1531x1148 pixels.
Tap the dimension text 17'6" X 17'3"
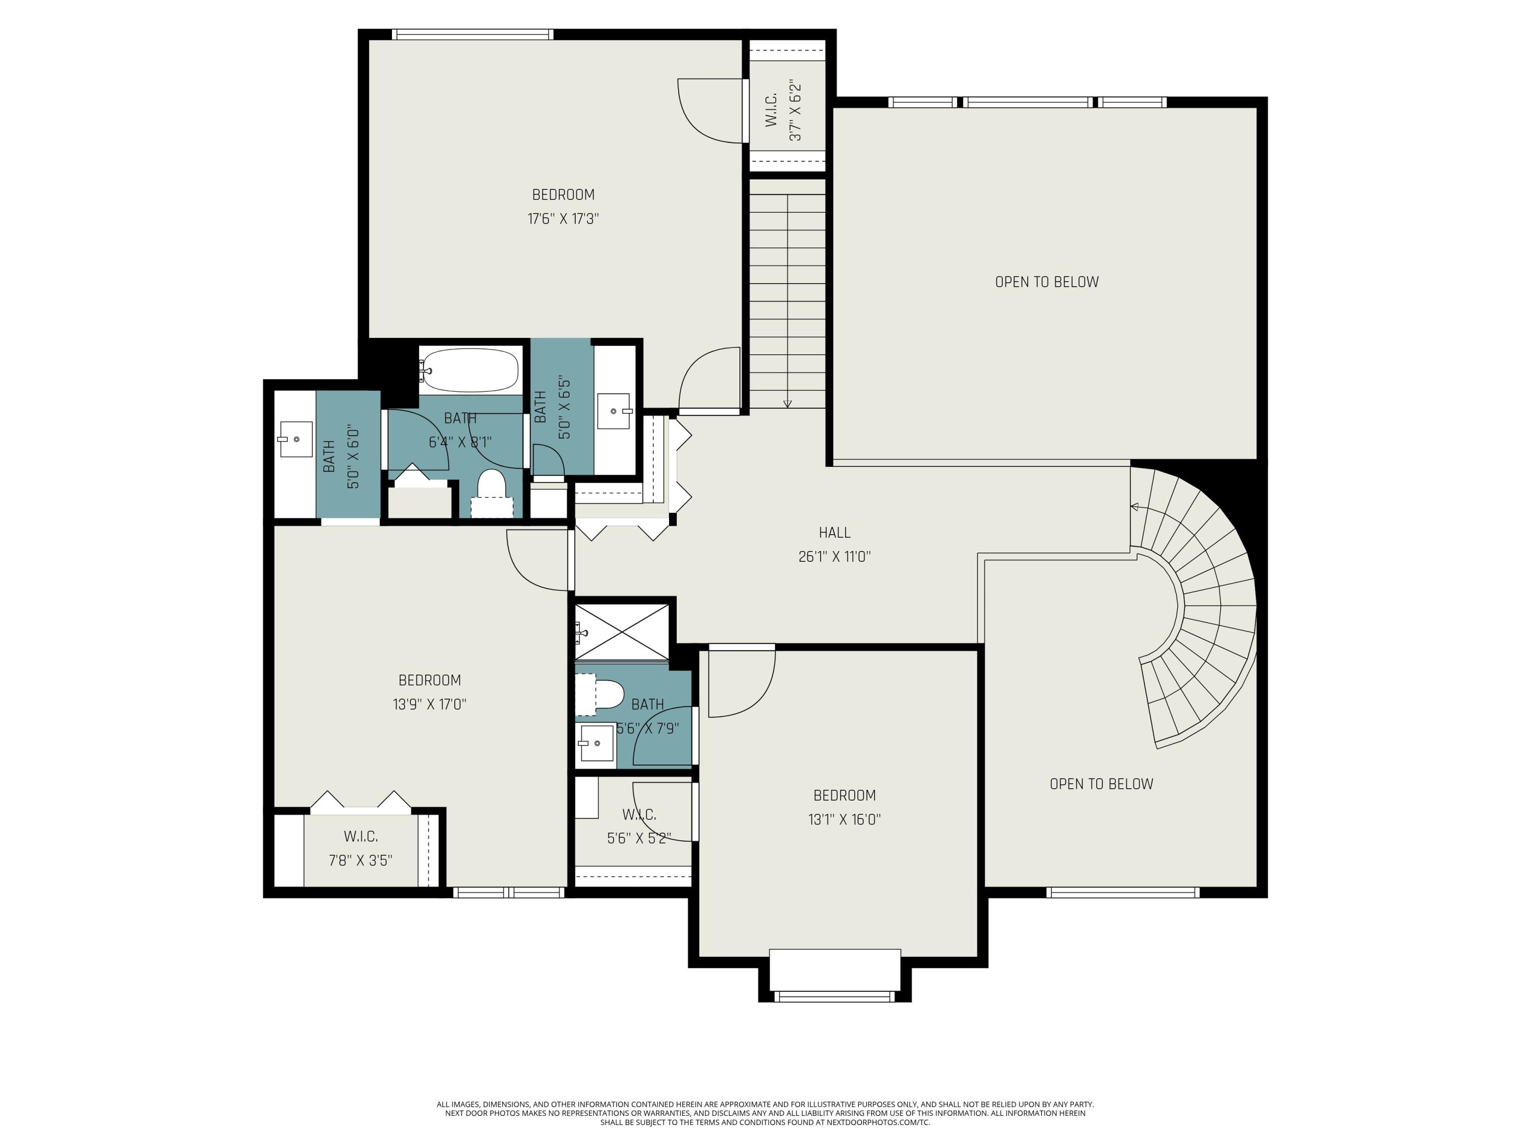[563, 219]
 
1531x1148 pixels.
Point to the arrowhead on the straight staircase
[787, 404]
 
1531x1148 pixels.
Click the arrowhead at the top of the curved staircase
[1134, 507]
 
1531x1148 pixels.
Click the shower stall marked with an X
[622, 631]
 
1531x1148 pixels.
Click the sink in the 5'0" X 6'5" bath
[614, 411]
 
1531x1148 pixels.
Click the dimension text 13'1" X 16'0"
[845, 819]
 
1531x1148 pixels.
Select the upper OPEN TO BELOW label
[1047, 282]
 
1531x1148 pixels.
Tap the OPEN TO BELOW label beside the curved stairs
[1101, 784]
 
